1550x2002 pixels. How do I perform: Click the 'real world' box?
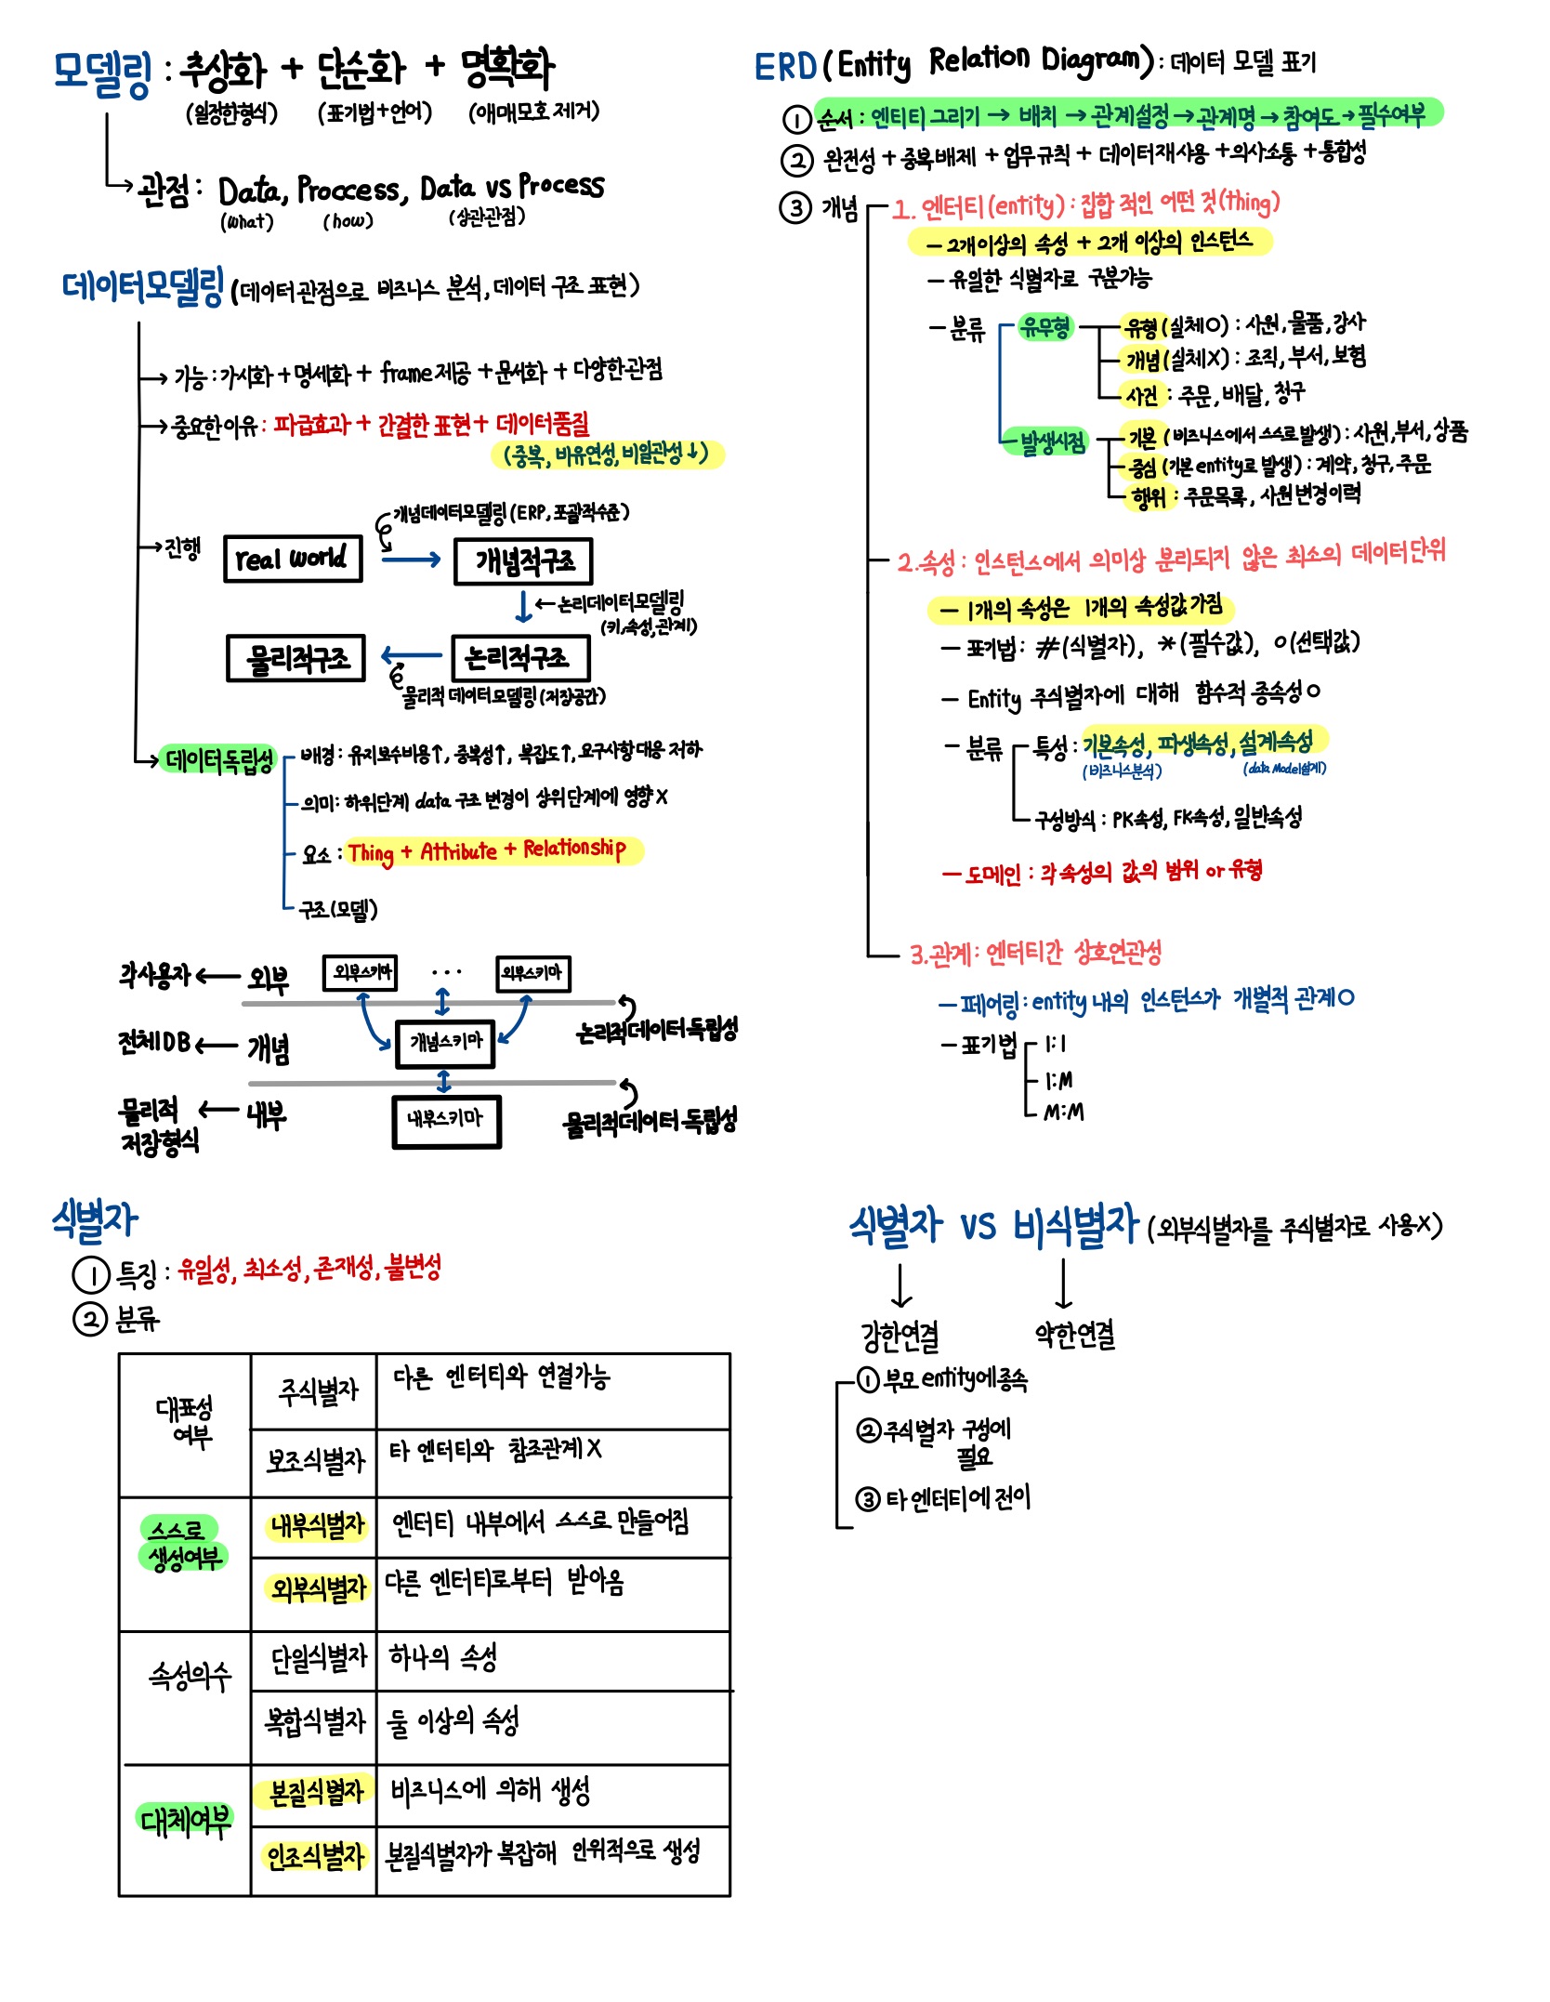point(293,559)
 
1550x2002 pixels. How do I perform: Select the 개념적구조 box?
point(523,561)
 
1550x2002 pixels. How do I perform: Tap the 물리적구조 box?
point(296,658)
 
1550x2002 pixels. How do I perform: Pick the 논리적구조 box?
point(520,658)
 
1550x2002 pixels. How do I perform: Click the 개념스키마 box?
point(445,1042)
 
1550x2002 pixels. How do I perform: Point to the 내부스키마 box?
point(447,1120)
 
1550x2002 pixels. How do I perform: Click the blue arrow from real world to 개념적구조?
point(410,560)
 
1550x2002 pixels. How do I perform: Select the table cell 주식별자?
point(314,1391)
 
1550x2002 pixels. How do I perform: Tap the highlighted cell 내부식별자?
point(316,1525)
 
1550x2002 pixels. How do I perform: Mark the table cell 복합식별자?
point(314,1721)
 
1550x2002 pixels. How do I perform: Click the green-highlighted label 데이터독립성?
point(219,760)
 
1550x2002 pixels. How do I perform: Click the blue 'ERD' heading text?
point(785,67)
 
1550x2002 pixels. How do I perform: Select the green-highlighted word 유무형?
point(1044,326)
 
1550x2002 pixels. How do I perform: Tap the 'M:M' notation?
point(1063,1112)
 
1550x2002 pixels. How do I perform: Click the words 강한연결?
point(900,1336)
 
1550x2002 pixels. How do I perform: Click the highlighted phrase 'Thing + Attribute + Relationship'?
point(486,850)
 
